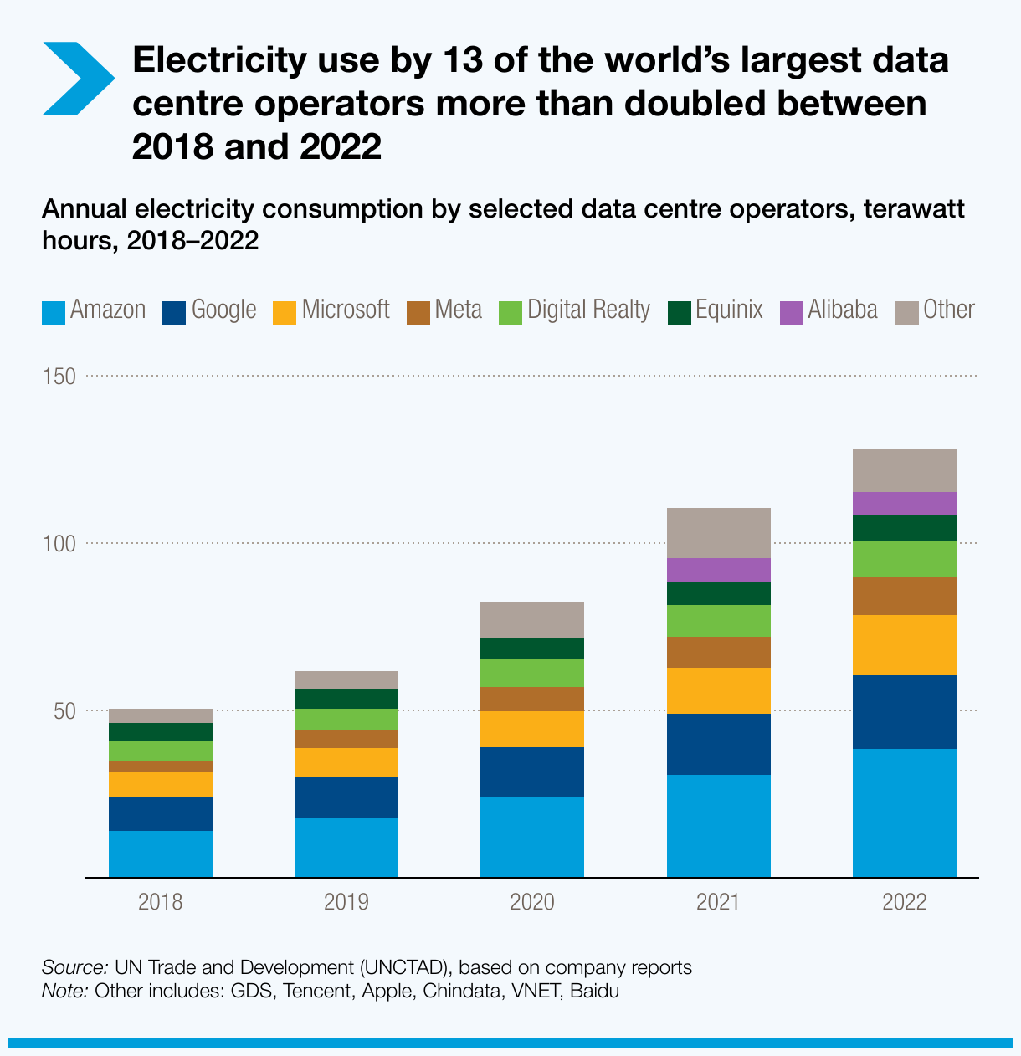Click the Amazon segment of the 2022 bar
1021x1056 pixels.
[x=904, y=813]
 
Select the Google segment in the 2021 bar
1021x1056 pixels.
[x=718, y=744]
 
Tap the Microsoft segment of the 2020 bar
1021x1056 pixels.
[x=531, y=729]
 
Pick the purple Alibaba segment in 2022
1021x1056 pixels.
[x=904, y=504]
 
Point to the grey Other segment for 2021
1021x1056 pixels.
[x=718, y=533]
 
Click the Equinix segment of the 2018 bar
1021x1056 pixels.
[x=160, y=731]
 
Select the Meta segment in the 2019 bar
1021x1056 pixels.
[x=346, y=739]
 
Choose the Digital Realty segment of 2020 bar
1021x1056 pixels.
[x=531, y=673]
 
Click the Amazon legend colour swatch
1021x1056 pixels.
[x=53, y=311]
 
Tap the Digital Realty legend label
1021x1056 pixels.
[x=588, y=310]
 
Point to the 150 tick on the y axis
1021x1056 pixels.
[x=59, y=377]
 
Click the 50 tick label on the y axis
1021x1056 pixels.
[x=64, y=711]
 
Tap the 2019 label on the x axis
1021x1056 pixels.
[x=346, y=902]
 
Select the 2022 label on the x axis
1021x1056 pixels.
[x=904, y=902]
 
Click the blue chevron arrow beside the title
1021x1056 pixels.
[x=77, y=79]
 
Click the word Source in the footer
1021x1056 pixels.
[x=74, y=968]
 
